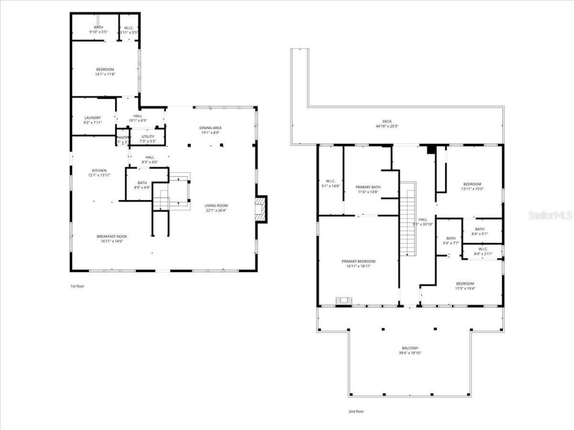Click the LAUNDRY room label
pos(92,118)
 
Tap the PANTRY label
pos(123,138)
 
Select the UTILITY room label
pos(148,137)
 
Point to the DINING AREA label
pos(210,128)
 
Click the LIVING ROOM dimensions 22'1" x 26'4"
pos(217,210)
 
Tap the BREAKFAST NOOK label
pos(112,236)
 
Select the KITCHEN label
pos(99,170)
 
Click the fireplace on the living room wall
pos(261,209)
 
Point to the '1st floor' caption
pos(77,286)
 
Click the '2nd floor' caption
pos(356,411)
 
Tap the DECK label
pos(387,121)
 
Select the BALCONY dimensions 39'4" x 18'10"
pos(409,353)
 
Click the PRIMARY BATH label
pos(368,187)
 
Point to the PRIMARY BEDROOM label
pos(358,261)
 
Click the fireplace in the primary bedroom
pos(344,301)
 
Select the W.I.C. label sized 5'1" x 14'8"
pos(330,181)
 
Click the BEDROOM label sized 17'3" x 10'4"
pos(465,284)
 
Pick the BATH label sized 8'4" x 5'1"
pos(479,229)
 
